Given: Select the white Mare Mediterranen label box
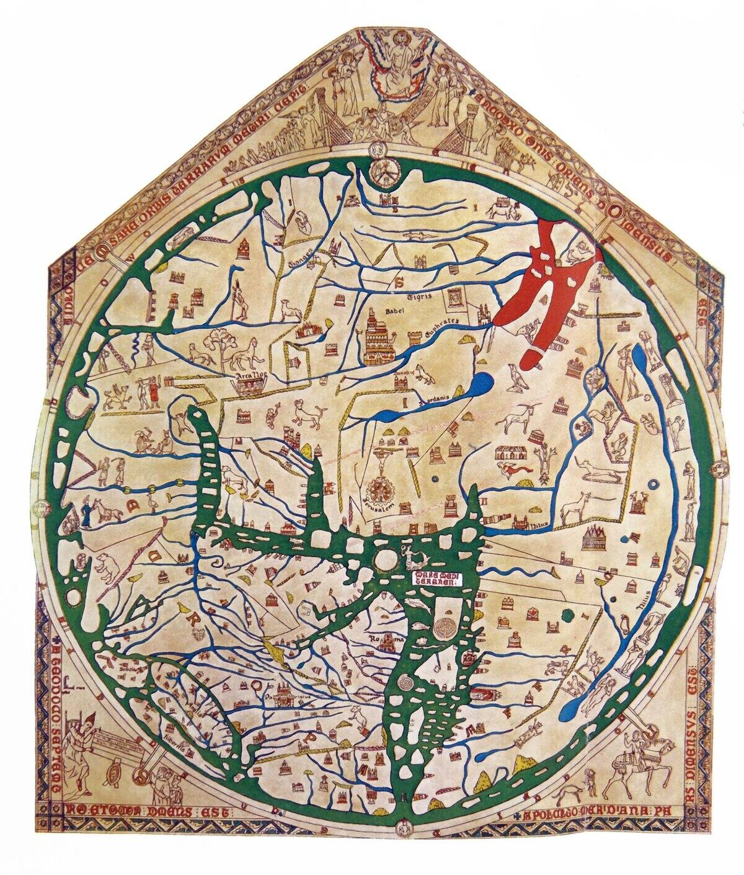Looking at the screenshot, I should tap(437, 579).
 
